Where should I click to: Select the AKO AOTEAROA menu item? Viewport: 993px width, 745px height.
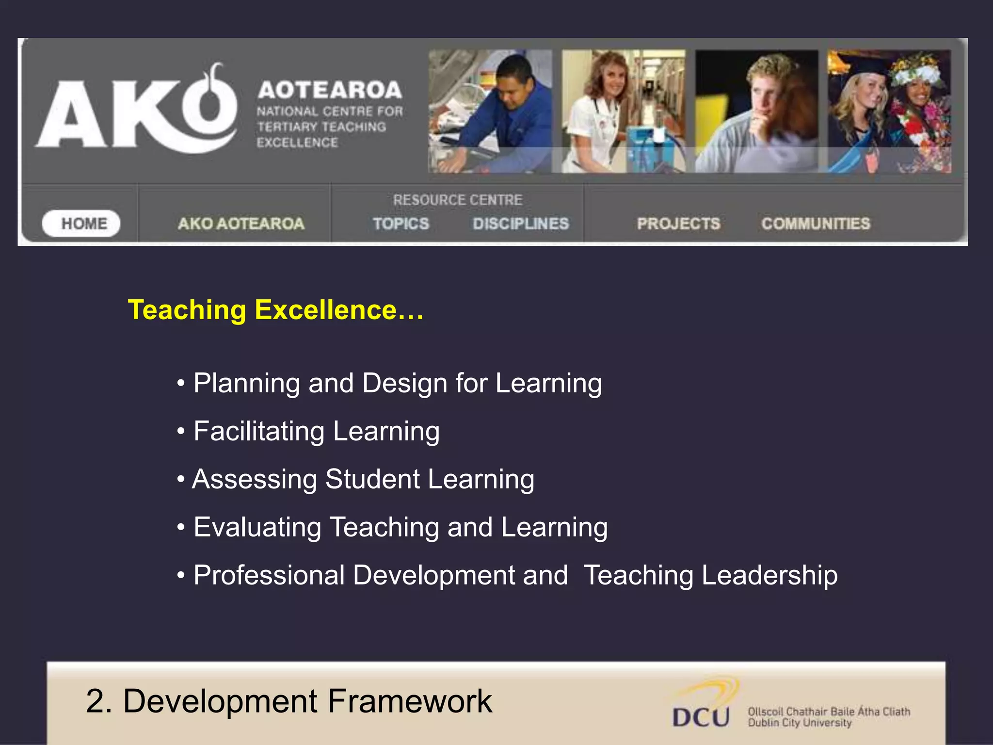point(241,224)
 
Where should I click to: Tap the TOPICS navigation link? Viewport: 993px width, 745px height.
point(401,224)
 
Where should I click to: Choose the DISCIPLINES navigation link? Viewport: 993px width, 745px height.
point(521,224)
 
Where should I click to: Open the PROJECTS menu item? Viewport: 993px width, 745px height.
point(678,224)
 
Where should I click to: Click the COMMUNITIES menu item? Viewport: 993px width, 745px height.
point(816,224)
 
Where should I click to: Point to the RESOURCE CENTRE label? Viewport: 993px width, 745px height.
point(458,200)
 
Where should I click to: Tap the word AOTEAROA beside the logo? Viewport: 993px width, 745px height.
point(330,90)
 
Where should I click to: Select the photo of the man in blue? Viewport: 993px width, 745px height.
point(490,111)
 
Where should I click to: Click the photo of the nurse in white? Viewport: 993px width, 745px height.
point(624,111)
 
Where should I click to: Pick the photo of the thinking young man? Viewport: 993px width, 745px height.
point(756,111)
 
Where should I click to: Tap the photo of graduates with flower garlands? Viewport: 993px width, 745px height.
point(889,111)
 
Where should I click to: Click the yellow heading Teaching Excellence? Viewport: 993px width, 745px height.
point(275,310)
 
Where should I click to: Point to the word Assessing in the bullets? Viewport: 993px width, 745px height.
point(254,480)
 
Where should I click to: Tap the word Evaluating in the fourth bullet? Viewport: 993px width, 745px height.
point(257,527)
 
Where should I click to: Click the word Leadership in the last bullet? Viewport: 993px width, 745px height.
point(769,576)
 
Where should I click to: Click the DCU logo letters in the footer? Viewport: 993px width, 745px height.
point(701,717)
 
